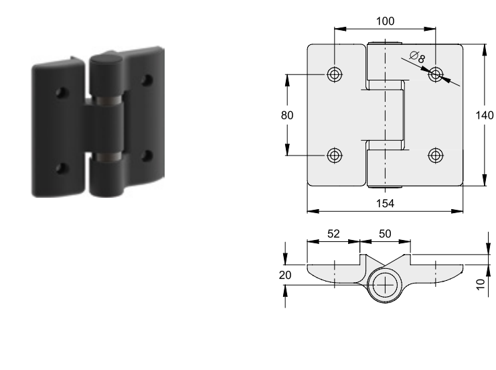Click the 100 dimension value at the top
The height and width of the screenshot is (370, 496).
pos(385,21)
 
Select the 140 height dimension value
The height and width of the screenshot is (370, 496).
pos(485,115)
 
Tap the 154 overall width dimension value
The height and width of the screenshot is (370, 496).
pos(385,203)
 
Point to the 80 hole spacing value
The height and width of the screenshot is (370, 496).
pos(287,115)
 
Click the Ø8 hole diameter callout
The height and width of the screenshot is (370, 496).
pos(418,57)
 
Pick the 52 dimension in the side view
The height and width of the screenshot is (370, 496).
pos(333,234)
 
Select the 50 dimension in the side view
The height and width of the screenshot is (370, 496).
pos(385,234)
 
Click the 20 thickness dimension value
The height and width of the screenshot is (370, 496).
pos(285,275)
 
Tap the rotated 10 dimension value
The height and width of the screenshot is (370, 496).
pos(481,284)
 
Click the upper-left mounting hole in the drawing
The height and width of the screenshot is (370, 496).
pos(335,75)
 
